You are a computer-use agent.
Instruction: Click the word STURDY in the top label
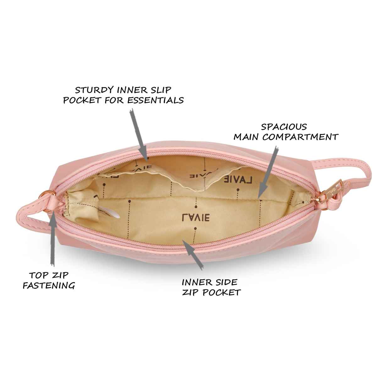tap(95, 90)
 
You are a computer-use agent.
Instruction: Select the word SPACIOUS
tap(284, 127)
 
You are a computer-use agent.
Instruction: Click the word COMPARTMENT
tap(300, 137)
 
